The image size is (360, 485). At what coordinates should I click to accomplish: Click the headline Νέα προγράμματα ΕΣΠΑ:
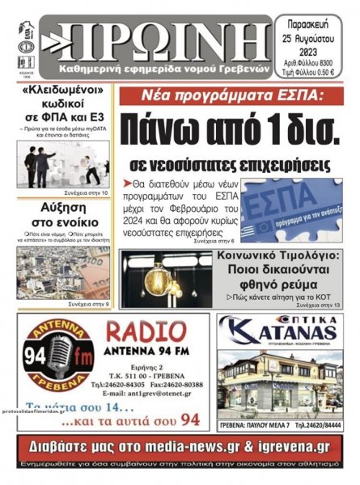tap(230, 95)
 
